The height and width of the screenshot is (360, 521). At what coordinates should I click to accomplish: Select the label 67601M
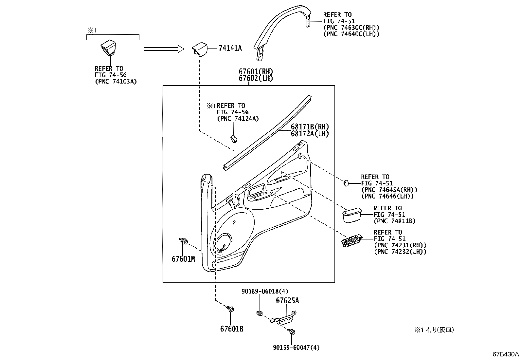point(183,259)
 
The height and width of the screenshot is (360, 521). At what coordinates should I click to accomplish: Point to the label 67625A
point(287,301)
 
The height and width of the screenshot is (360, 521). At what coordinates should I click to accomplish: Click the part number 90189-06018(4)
point(265,291)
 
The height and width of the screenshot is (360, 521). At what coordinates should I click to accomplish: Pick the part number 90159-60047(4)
point(296,348)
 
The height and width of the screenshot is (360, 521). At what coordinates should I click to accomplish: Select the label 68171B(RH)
point(310,127)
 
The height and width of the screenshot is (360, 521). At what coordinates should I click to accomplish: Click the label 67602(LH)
point(256,78)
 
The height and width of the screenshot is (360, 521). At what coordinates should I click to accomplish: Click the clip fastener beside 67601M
point(184,242)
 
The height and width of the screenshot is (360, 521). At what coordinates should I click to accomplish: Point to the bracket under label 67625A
point(283,319)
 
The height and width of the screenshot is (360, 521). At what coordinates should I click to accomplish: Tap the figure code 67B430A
point(506,354)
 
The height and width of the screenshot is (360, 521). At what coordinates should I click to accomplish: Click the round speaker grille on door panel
point(224,243)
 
